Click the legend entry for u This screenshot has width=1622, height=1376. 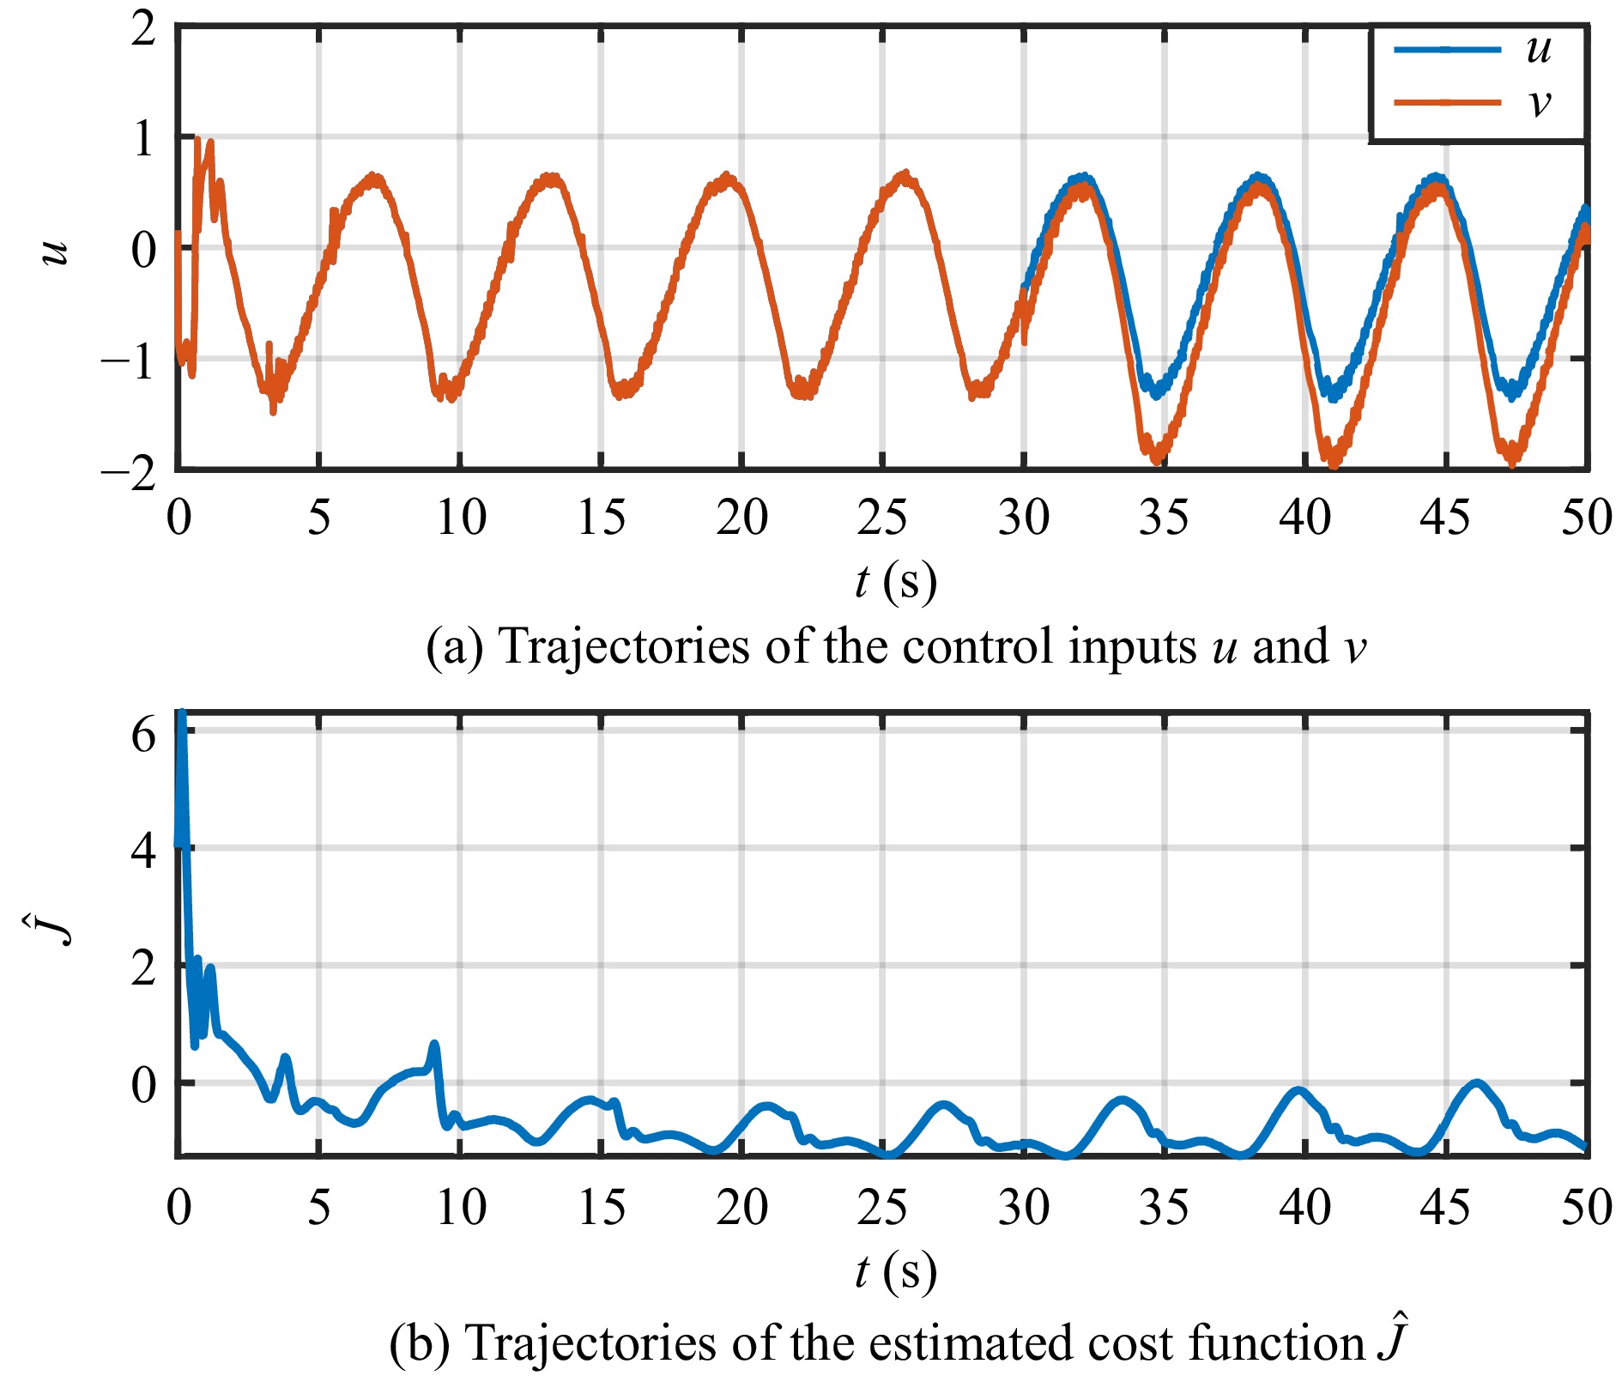click(1476, 49)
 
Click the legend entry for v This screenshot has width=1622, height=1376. click(1476, 102)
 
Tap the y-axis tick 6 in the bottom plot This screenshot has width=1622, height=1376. click(144, 735)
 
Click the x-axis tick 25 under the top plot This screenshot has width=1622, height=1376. click(881, 518)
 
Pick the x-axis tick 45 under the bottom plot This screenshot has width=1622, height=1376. click(1445, 1208)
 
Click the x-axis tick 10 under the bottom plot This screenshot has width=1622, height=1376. click(461, 1208)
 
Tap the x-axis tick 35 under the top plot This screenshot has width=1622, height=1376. click(1164, 518)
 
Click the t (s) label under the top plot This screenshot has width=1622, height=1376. click(895, 581)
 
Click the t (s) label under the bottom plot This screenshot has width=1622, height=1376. click(895, 1271)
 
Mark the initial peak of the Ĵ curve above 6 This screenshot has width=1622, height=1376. click(181, 714)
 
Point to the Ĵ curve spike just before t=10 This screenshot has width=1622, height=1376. click(434, 1046)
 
